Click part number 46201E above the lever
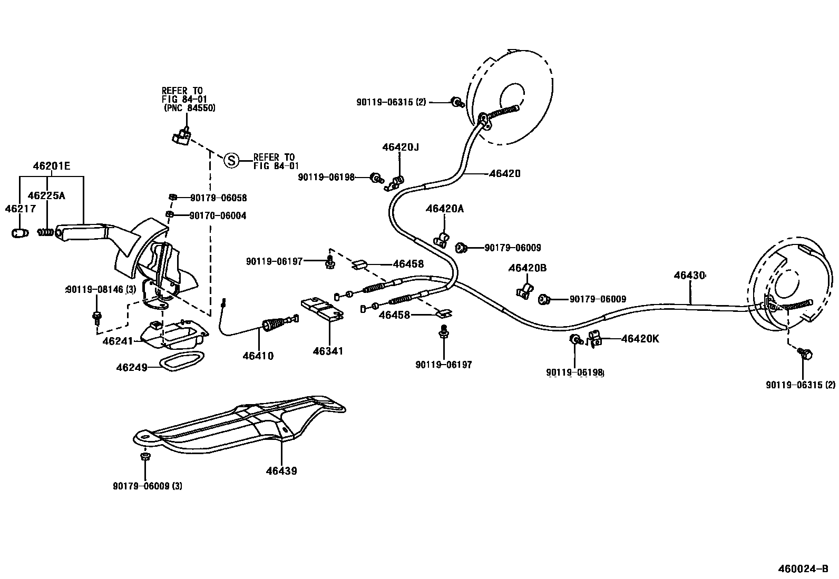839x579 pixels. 51,166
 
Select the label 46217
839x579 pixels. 20,209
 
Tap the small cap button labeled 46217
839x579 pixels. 20,233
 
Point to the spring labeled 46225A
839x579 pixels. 46,232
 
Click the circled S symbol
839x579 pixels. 231,160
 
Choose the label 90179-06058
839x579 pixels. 218,198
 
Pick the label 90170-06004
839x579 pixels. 218,215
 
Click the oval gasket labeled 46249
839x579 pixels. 180,362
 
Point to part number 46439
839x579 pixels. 281,470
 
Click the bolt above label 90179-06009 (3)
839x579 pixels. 145,456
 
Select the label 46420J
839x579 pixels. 401,148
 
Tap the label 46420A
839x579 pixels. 445,209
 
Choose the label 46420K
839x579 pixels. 640,339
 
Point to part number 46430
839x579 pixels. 689,275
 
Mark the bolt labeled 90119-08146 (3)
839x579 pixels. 97,317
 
